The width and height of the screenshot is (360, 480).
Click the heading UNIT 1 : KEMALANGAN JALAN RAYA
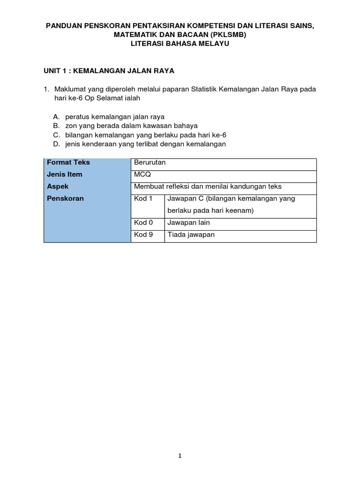point(109,71)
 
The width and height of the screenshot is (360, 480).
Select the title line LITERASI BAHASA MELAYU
point(180,44)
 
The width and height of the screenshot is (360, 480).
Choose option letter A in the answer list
point(56,117)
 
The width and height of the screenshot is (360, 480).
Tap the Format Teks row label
point(68,162)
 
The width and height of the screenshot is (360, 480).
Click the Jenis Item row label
point(65,174)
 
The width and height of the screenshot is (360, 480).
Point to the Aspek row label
point(58,186)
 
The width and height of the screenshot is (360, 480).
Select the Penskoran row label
point(66,198)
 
